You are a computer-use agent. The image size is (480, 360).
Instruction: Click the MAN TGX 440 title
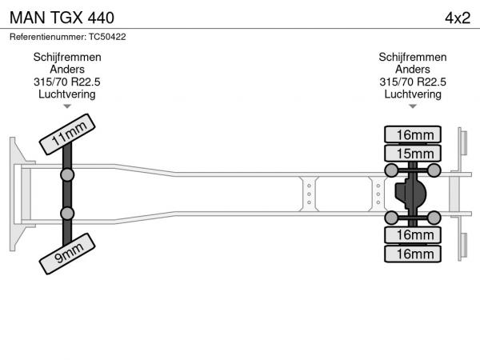click(x=62, y=18)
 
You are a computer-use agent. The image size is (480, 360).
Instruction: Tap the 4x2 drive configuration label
click(x=458, y=18)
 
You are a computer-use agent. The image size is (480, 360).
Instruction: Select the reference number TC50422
click(x=107, y=37)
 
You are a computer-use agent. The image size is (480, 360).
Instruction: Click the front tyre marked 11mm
click(x=67, y=134)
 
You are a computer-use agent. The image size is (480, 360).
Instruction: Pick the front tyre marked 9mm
click(x=67, y=254)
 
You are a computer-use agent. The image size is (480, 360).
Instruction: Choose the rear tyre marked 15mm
click(x=413, y=154)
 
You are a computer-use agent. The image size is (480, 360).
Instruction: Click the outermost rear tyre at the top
click(x=413, y=134)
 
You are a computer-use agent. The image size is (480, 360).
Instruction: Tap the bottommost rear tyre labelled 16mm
click(x=413, y=254)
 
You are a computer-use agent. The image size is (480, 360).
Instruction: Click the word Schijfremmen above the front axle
click(x=67, y=58)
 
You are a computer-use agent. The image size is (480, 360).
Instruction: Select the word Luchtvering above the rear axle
click(x=413, y=94)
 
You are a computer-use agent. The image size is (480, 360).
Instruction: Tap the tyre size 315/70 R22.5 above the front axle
click(x=67, y=82)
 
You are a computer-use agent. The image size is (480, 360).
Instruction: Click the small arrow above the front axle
click(x=67, y=106)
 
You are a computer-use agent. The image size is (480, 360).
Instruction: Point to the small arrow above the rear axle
click(x=413, y=106)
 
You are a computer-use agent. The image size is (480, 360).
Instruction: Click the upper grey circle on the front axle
click(x=67, y=175)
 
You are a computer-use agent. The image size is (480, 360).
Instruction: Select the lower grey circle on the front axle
click(x=67, y=214)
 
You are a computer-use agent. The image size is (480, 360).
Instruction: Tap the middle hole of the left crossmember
click(x=309, y=194)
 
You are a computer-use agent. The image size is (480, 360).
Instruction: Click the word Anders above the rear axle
click(x=413, y=70)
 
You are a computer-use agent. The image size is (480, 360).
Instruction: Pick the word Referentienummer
click(x=48, y=37)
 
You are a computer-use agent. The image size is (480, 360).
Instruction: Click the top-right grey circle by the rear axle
click(x=434, y=170)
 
